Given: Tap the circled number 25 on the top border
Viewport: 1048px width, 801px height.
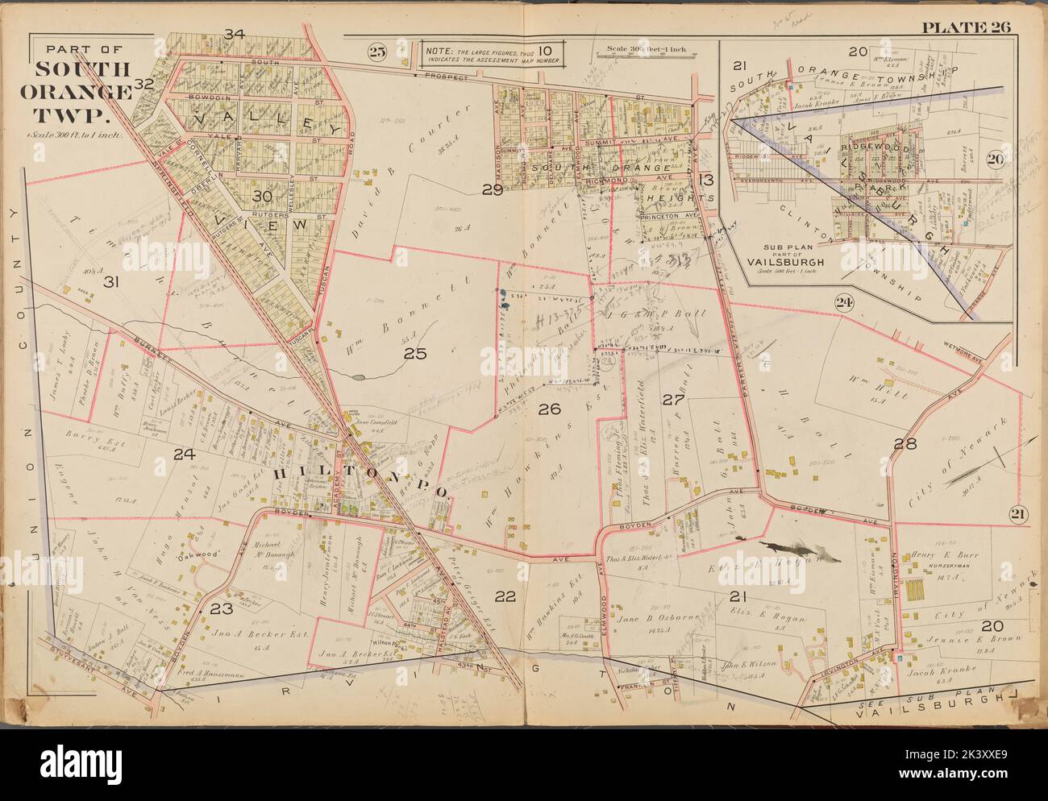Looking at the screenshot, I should click(x=376, y=53).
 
